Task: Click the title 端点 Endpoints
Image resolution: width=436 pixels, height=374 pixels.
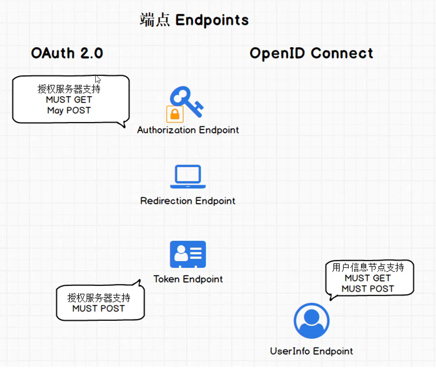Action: [194, 20]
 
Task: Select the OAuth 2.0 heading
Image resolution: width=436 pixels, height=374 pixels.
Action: [67, 53]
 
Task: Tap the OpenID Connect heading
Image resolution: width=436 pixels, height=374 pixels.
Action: [311, 53]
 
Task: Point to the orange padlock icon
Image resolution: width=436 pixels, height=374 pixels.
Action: [174, 114]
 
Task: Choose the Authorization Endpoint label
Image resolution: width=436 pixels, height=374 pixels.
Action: [188, 130]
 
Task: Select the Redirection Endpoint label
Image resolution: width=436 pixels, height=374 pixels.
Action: [188, 201]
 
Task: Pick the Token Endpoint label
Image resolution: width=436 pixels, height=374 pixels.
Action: [188, 279]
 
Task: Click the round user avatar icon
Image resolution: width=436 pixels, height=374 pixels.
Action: [311, 321]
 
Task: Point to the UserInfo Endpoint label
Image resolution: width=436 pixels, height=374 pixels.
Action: [311, 351]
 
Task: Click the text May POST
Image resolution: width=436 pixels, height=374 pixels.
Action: [69, 110]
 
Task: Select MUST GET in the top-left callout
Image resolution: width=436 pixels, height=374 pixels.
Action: [69, 100]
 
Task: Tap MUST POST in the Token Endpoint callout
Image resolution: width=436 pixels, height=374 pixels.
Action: [99, 308]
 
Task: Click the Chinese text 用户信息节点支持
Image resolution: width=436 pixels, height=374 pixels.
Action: [368, 268]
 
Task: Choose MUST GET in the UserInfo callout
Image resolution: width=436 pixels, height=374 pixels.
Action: [368, 278]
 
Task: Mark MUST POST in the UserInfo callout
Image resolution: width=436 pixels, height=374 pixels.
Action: [368, 289]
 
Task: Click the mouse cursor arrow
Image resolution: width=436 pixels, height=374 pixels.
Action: [98, 79]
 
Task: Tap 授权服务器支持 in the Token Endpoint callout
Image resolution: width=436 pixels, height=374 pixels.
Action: [99, 298]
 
